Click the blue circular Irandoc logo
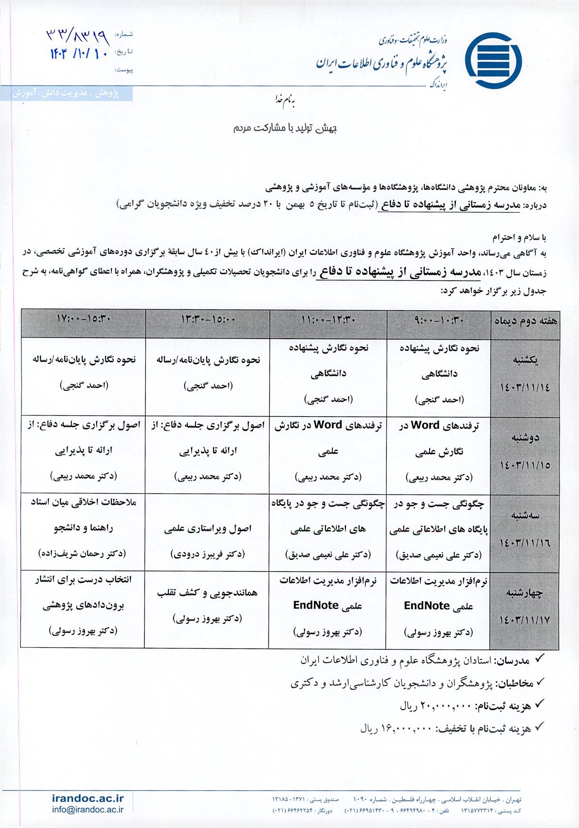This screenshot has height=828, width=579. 493,61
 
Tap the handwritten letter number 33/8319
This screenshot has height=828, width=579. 78,35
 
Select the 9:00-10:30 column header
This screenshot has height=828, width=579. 439,321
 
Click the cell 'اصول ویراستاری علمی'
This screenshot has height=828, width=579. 208,529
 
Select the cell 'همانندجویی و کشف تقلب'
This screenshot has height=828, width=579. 207,593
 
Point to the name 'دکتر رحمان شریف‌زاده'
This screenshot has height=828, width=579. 82,554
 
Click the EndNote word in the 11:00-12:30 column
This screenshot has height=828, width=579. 315,605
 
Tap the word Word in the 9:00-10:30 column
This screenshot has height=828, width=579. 424,426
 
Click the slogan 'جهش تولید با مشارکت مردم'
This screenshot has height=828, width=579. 285,128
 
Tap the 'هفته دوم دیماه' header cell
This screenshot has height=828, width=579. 525,321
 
